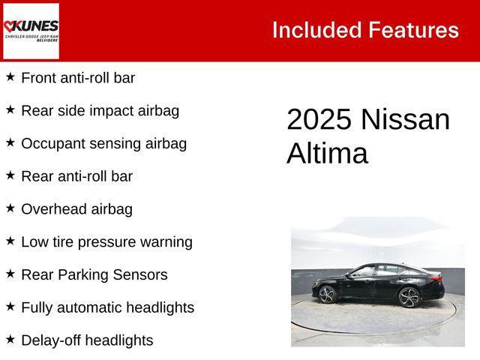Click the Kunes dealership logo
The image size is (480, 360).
tap(31, 31)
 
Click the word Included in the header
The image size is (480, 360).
tap(316, 30)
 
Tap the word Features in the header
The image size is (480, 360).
tap(413, 30)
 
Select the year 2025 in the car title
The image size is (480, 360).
tap(319, 120)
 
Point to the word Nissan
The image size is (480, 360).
tap(405, 120)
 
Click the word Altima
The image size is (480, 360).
tap(327, 154)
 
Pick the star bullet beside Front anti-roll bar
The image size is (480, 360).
tap(10, 76)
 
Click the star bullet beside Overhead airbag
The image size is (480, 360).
tap(10, 208)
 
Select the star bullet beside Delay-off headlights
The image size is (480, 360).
tap(10, 339)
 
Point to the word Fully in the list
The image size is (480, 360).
tap(36, 307)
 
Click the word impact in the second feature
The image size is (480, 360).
tap(112, 110)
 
